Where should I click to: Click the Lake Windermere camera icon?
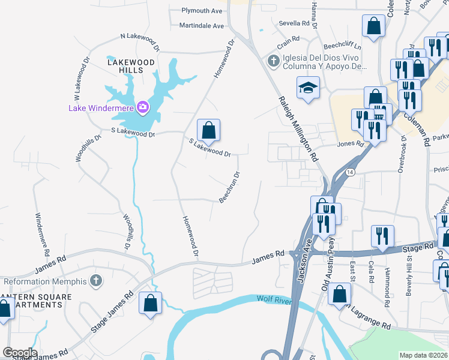143,108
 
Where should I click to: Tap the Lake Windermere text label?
101,109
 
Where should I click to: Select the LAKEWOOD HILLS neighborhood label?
131,66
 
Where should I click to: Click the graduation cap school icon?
308,89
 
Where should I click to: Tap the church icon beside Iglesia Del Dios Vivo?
273,61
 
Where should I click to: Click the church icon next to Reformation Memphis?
95,281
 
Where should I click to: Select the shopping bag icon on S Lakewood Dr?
208,130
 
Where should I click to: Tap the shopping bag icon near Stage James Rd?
150,303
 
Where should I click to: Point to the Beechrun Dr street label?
229,187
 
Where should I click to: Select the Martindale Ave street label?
201,26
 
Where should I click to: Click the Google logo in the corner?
19,353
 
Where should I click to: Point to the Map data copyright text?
423,355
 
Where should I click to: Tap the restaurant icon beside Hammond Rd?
382,236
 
